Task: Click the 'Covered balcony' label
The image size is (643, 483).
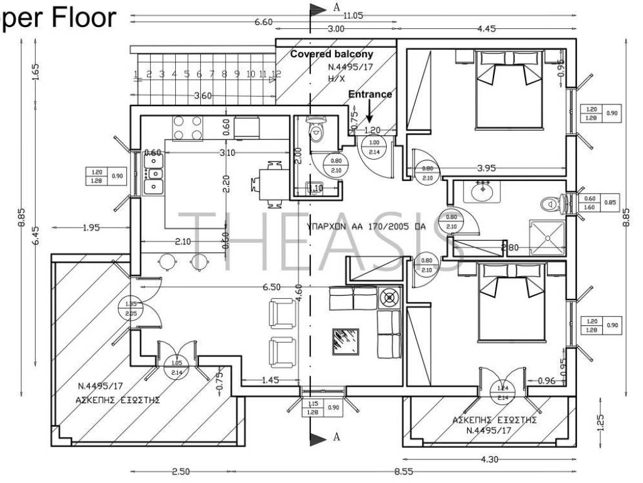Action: (331, 55)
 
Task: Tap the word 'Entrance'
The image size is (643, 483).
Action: (370, 94)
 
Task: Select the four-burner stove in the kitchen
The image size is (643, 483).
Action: (187, 127)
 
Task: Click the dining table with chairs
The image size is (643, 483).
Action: (271, 184)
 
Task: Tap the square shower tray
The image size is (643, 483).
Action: (547, 238)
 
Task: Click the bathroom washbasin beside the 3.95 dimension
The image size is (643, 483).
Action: (482, 190)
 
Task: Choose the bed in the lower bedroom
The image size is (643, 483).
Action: (511, 302)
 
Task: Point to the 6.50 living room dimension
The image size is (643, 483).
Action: (271, 287)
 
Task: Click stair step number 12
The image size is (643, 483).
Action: (275, 74)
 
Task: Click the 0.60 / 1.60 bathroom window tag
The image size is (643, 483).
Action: (591, 203)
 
